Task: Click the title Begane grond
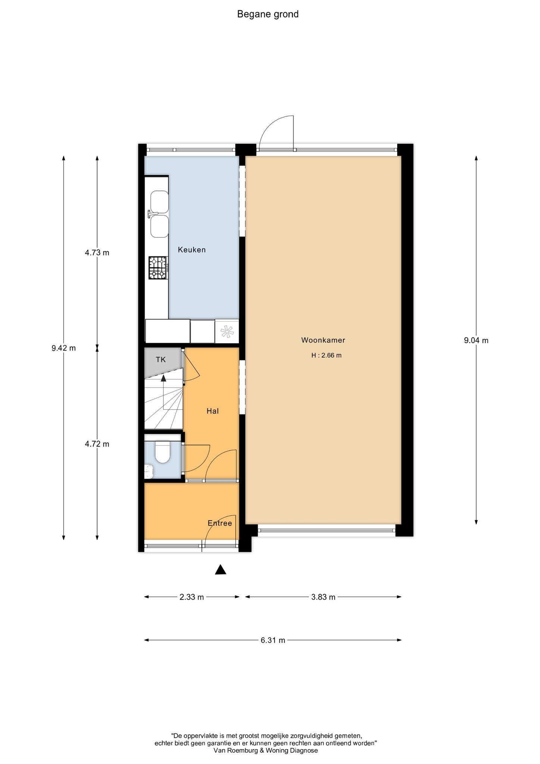point(268,15)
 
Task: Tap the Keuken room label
point(192,250)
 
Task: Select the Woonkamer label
point(323,340)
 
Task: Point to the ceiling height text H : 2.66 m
point(326,355)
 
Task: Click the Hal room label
point(213,411)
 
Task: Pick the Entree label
point(220,523)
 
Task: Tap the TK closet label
point(161,360)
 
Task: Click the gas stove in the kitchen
point(158,267)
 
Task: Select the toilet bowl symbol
point(163,452)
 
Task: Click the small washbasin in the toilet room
point(149,471)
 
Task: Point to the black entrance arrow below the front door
point(221,569)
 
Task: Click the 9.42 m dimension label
point(64,348)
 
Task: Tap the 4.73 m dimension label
point(97,253)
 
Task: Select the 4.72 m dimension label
point(97,444)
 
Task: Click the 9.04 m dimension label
point(476,340)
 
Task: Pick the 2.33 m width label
point(192,597)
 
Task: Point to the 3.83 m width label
point(323,597)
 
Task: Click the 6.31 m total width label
point(273,640)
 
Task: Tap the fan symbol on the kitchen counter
point(227,331)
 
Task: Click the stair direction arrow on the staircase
point(163,379)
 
